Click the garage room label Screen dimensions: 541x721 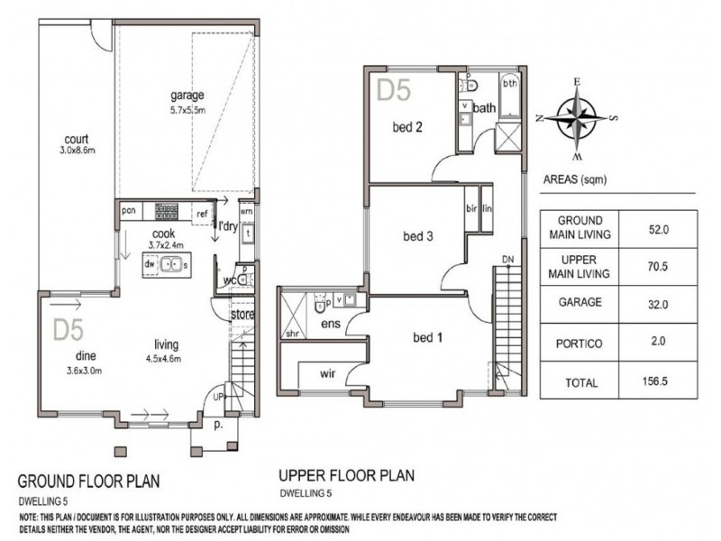(x=188, y=94)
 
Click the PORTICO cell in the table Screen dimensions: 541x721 (x=580, y=343)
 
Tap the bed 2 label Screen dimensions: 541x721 (x=407, y=128)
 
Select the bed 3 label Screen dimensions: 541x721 (x=418, y=237)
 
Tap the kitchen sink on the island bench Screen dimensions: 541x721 (x=169, y=265)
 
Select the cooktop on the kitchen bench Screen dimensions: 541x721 (x=166, y=212)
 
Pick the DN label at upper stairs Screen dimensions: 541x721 (x=508, y=261)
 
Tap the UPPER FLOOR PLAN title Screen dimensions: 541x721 (x=346, y=475)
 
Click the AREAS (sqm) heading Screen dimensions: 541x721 (x=575, y=180)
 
